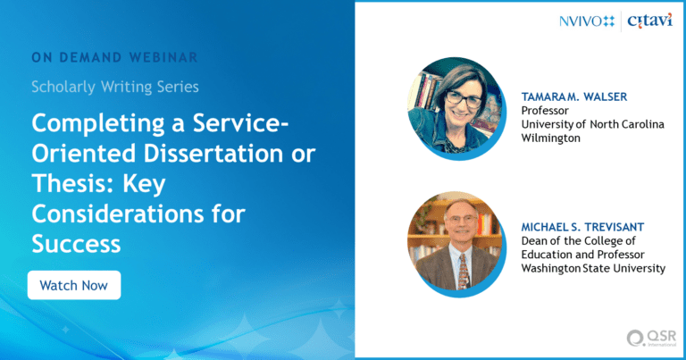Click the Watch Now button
pos(74,285)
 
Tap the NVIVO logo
pos(587,21)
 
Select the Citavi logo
pos(649,21)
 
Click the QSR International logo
pos(651,339)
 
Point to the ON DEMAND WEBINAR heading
pos(114,57)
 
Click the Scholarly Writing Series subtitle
pos(115,87)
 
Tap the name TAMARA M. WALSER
pos(574,96)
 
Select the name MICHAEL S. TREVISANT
pos(582,227)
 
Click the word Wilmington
pos(550,138)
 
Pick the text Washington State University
pos(593,268)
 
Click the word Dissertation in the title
pos(213,154)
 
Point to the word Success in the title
pos(76,244)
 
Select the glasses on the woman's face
pos(464,100)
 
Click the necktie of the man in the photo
pos(463,272)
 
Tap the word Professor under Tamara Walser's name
pos(545,111)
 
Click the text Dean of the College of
pos(578,241)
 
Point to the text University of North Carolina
pos(592,125)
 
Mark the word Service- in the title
pos(240,123)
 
